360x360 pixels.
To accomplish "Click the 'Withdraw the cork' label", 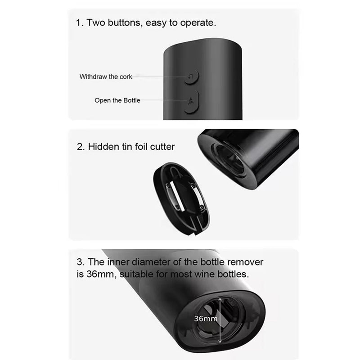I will pos(106,76).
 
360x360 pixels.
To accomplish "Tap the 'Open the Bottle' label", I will pos(117,100).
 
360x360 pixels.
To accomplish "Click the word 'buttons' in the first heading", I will pos(124,23).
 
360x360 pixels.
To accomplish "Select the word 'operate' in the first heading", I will pos(199,23).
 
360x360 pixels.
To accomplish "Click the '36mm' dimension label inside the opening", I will pos(206,319).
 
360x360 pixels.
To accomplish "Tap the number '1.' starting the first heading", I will pos(80,23).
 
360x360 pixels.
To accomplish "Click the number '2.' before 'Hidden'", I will pos(81,147).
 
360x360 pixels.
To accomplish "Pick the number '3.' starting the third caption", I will pos(81,262).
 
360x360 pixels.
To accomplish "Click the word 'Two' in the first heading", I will pos(96,23).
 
